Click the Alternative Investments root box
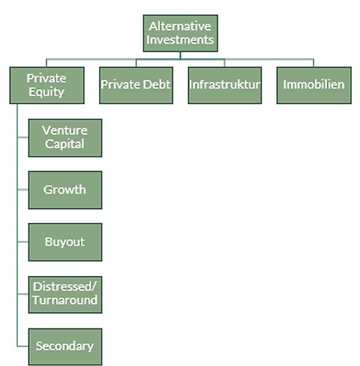180,33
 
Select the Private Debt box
136,85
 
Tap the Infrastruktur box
225,85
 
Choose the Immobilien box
314,85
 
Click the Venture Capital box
65,138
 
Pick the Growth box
65,190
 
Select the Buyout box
65,242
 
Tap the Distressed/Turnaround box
65,294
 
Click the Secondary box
65,347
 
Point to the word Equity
46,92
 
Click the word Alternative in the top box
180,26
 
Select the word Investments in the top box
180,40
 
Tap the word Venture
64,130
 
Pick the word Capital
64,144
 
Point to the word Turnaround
65,300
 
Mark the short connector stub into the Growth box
23,190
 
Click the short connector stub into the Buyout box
23,241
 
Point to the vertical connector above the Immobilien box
313,63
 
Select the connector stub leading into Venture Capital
23,137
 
